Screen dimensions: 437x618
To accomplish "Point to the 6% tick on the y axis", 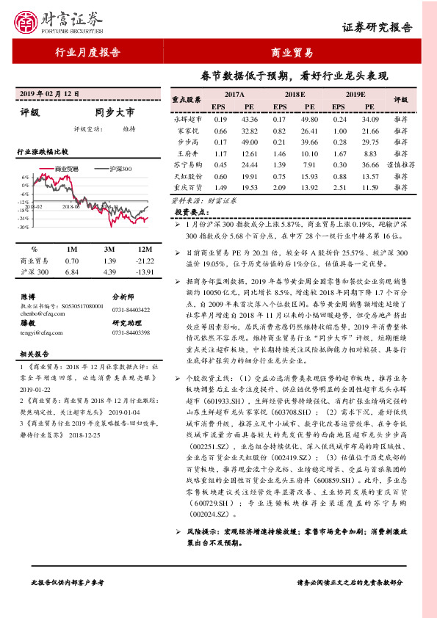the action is [x=26, y=178].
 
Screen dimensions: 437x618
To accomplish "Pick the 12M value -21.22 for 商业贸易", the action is [x=142, y=261].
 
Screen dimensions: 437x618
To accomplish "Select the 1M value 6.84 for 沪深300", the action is [x=71, y=272].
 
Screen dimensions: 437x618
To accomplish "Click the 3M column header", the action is [x=109, y=249].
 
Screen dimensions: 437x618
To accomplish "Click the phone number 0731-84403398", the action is [x=131, y=332].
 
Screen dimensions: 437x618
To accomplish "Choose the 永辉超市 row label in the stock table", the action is [x=188, y=119].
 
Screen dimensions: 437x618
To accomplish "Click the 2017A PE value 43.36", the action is [x=249, y=119].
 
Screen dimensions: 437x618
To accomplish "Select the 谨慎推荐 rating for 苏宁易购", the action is [x=400, y=165].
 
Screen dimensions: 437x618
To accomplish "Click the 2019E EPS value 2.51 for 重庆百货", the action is [x=339, y=189].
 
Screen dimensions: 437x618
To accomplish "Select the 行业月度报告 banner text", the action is [x=87, y=54].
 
